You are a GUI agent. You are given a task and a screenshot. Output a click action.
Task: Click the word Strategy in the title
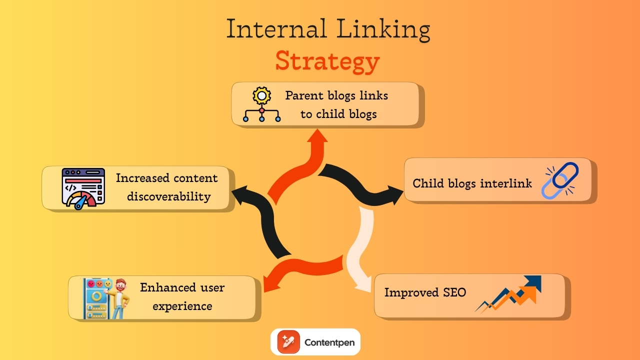tap(327, 61)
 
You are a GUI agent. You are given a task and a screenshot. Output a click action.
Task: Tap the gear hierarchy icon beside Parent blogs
tap(261, 104)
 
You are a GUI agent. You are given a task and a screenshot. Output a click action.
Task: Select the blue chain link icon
tap(560, 180)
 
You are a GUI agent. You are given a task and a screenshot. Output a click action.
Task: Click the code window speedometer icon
tap(83, 188)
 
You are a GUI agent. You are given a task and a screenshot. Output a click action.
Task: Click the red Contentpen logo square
tap(287, 342)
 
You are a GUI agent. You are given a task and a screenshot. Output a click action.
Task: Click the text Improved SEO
tap(425, 292)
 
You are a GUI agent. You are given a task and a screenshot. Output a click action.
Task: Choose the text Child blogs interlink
tap(472, 183)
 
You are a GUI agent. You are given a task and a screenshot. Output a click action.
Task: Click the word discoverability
tap(168, 196)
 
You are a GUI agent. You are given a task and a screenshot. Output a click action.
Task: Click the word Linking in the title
tap(383, 29)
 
